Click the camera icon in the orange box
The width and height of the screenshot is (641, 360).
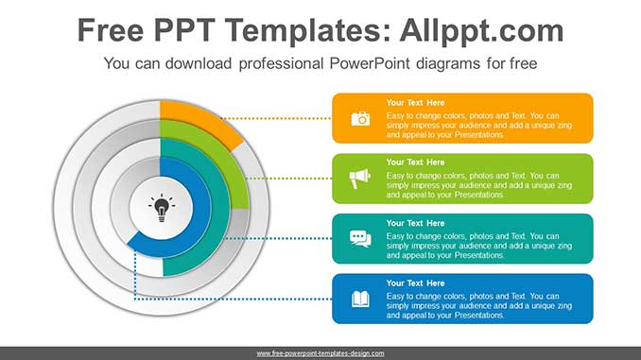pyautogui.click(x=360, y=118)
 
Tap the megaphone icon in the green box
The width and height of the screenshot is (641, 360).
pyautogui.click(x=360, y=179)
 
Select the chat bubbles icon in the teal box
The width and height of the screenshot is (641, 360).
pyautogui.click(x=360, y=239)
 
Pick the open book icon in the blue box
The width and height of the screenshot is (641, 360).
pyautogui.click(x=360, y=299)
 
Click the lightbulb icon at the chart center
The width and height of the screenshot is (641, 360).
pyautogui.click(x=162, y=208)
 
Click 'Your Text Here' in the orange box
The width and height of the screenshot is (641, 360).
pyautogui.click(x=415, y=103)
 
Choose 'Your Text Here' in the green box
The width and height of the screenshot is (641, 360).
pyautogui.click(x=415, y=163)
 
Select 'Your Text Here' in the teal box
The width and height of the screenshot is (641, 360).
pyautogui.click(x=415, y=223)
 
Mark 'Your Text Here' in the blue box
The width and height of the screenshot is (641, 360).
pyautogui.click(x=415, y=283)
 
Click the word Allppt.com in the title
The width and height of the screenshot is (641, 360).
pyautogui.click(x=481, y=30)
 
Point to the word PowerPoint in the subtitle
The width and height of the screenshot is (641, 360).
pyautogui.click(x=370, y=63)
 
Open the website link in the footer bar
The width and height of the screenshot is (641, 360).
pyautogui.click(x=320, y=353)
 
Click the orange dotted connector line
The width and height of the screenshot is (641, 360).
pyautogui.click(x=276, y=118)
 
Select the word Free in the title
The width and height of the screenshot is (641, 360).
pyautogui.click(x=111, y=30)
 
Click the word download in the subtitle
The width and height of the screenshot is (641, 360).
pyautogui.click(x=199, y=63)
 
